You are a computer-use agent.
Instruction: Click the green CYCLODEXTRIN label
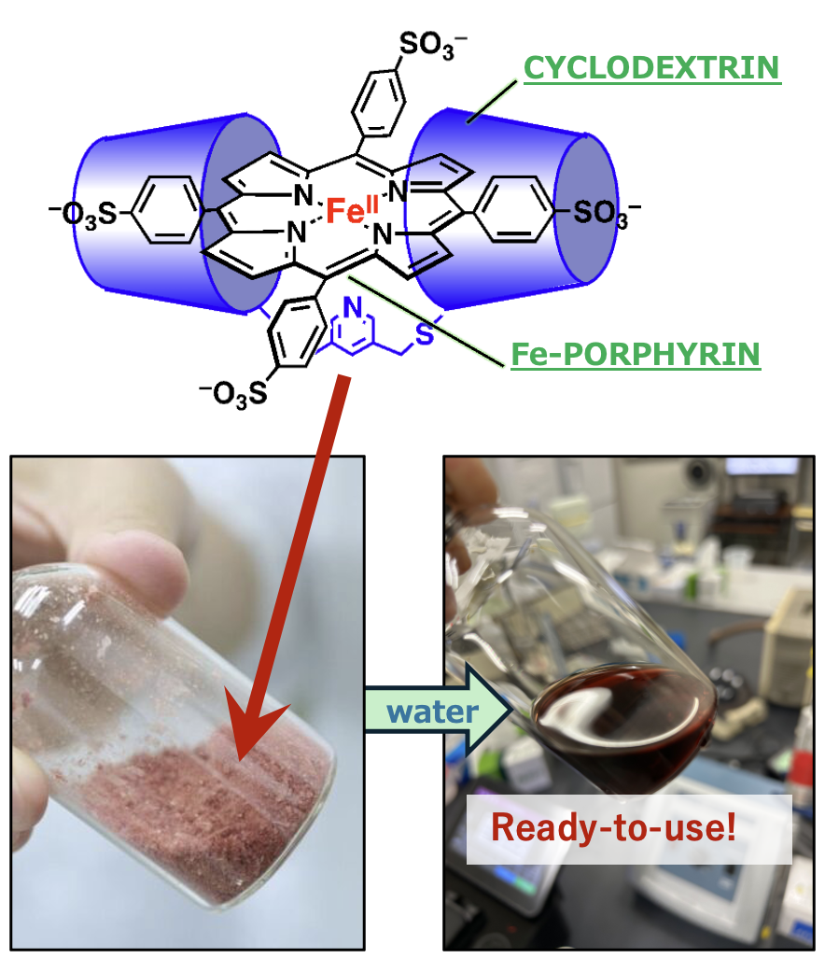click(652, 68)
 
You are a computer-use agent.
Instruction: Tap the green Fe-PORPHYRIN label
click(636, 355)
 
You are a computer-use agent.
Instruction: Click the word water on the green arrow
click(432, 712)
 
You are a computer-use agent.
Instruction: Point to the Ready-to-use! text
click(614, 827)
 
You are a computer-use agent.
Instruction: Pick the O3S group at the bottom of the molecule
click(234, 394)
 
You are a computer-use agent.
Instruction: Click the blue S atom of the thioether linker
click(424, 334)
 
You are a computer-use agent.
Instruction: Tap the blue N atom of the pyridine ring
click(353, 307)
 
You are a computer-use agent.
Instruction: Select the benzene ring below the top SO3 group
click(378, 103)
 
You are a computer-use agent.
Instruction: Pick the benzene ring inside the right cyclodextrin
click(513, 209)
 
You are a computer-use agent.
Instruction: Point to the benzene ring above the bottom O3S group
click(296, 332)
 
